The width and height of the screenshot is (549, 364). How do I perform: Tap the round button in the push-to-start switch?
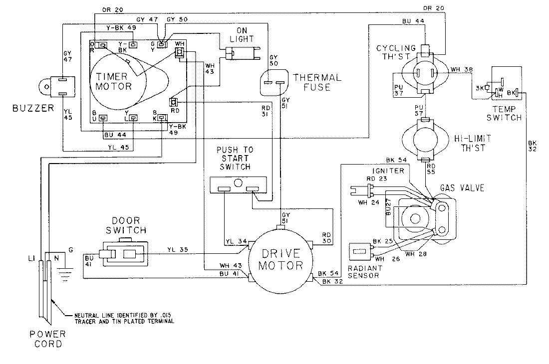(x=239, y=183)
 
